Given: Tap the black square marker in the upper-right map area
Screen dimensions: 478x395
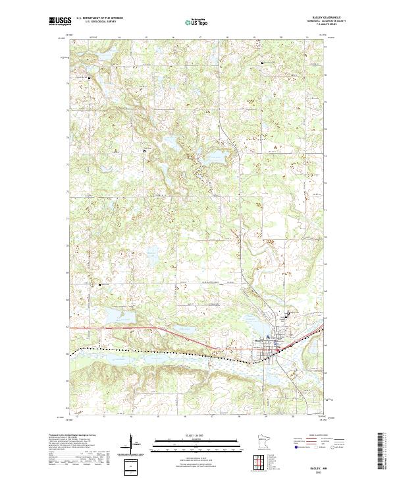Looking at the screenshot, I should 263,63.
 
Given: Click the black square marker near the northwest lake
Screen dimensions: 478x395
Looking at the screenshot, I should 90,77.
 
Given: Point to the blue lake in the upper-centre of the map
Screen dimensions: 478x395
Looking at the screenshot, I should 214,158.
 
